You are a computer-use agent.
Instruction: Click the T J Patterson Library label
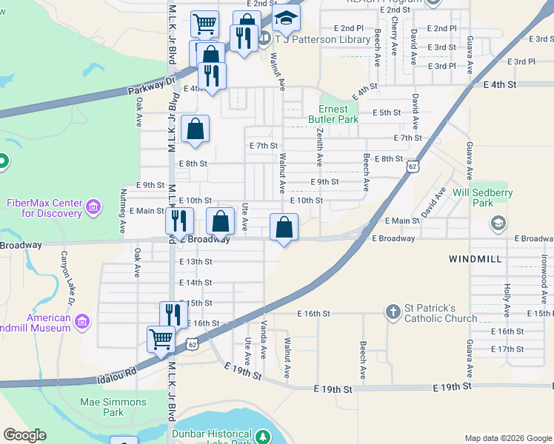(322, 38)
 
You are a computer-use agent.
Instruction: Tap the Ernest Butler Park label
(338, 114)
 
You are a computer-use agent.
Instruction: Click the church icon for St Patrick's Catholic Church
(393, 313)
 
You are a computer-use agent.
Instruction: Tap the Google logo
(24, 435)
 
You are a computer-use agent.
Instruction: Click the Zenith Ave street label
(320, 149)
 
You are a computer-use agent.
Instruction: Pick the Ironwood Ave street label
(545, 273)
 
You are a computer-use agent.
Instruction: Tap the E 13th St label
(196, 261)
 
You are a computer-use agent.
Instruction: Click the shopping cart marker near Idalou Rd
(161, 339)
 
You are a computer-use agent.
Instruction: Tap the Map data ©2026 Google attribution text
(507, 437)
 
